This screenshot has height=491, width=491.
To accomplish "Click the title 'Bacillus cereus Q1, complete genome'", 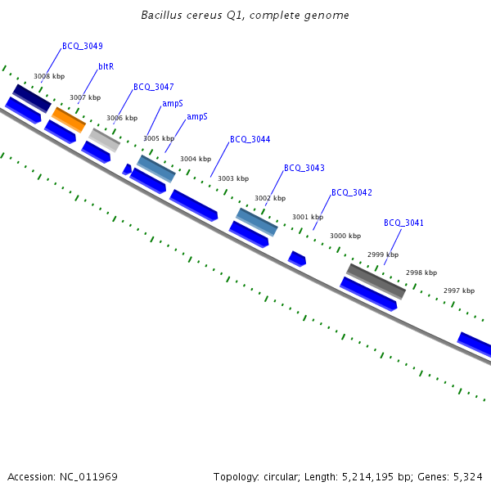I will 245,16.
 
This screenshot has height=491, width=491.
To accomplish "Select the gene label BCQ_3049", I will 83,47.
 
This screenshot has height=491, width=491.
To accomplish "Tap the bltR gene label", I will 106,66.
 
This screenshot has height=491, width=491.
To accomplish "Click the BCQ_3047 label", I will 154,87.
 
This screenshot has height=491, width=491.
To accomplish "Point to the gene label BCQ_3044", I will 250,140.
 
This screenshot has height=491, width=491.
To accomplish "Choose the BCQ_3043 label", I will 304,169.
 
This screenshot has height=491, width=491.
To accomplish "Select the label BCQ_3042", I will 352,193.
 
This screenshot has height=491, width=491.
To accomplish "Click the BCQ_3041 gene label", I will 404,223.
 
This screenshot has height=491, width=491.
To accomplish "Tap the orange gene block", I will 69,119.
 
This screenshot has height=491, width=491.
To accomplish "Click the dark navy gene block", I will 32,98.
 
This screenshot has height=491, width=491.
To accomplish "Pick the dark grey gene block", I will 376,281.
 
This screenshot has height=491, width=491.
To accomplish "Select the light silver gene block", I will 105,140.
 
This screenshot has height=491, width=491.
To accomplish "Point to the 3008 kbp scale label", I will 49,77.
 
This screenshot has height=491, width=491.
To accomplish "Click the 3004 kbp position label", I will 196,160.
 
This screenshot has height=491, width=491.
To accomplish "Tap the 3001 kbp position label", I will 308,218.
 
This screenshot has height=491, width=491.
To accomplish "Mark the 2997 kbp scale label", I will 459,291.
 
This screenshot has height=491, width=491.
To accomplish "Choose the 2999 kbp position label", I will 383,255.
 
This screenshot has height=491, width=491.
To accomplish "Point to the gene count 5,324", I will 468,476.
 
